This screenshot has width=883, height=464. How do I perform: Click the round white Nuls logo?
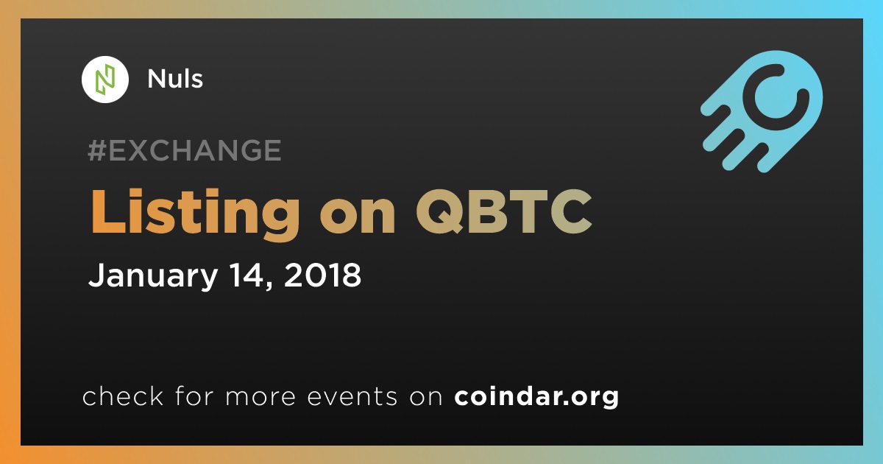tap(105, 80)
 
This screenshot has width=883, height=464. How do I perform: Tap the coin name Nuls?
tap(175, 79)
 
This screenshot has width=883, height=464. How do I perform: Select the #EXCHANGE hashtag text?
tap(185, 150)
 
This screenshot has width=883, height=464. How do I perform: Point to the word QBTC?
tap(504, 211)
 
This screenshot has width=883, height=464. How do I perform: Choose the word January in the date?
tap(153, 276)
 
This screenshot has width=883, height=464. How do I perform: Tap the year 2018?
tap(322, 275)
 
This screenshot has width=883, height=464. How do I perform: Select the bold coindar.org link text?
tap(536, 397)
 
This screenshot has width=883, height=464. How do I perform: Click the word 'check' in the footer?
tap(123, 396)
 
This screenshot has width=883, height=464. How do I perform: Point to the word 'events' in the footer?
tap(352, 397)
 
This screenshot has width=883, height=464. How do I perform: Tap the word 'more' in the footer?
tap(260, 398)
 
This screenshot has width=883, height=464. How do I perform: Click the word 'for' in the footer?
tap(194, 396)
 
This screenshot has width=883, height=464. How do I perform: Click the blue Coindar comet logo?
tap(762, 112)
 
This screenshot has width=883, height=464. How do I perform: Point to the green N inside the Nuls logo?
tap(105, 80)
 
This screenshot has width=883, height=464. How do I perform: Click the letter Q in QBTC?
tap(439, 211)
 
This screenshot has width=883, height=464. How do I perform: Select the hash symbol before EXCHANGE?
tap(97, 150)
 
